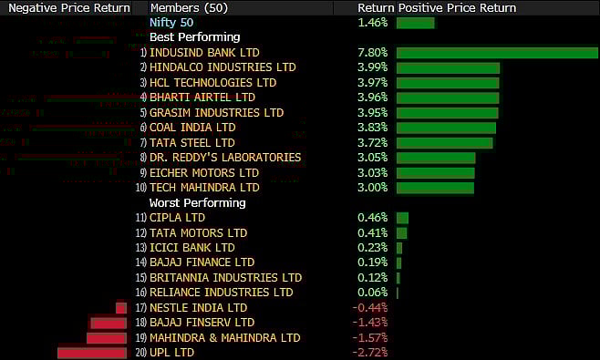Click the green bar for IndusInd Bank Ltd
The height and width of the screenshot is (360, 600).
click(x=497, y=53)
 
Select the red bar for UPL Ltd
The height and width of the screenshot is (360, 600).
click(x=91, y=353)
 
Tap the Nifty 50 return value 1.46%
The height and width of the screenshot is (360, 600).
click(x=373, y=22)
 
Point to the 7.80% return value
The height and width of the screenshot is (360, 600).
click(x=373, y=53)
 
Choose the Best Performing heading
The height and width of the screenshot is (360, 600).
click(x=194, y=37)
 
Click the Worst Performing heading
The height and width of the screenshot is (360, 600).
click(x=197, y=202)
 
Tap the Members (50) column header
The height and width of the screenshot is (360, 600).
click(x=191, y=7)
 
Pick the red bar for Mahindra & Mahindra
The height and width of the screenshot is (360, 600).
click(x=106, y=338)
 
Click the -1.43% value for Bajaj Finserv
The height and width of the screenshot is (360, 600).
click(x=370, y=323)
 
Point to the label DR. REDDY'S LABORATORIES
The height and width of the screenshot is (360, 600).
click(x=225, y=158)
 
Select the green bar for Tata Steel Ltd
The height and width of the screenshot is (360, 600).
click(x=445, y=143)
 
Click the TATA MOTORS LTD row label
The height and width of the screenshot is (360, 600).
click(x=198, y=232)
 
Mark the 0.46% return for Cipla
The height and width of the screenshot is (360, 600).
click(x=373, y=218)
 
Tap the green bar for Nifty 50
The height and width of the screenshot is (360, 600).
click(x=416, y=22)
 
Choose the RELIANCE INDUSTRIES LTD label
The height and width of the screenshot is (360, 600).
click(x=222, y=293)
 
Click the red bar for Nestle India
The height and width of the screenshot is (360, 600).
click(x=120, y=308)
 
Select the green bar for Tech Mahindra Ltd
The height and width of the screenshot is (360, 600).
click(x=436, y=188)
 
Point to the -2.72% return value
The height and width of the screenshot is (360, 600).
click(x=370, y=353)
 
